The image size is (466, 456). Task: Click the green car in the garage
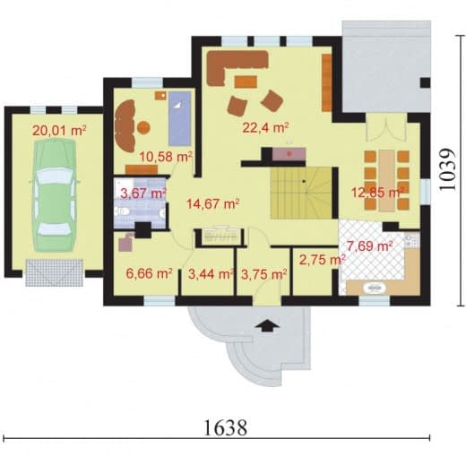point(55,195)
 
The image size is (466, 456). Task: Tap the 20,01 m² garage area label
point(59,131)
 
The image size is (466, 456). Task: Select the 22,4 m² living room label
point(265,127)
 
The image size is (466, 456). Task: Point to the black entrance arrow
point(267,325)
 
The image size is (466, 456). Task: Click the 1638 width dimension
point(226,427)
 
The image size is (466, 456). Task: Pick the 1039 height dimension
point(447,169)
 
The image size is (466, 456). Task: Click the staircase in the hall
point(301,193)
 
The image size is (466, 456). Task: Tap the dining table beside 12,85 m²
point(387,180)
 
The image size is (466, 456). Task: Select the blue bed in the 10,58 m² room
point(179,118)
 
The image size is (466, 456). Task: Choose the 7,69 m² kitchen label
point(369,246)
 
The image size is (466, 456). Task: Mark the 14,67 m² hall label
point(212,204)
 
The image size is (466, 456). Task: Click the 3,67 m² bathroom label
point(142,194)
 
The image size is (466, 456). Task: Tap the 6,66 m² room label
point(149,273)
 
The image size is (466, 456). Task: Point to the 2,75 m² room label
point(322,260)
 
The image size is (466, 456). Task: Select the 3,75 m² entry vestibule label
point(263,274)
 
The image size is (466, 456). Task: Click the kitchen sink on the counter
point(375,288)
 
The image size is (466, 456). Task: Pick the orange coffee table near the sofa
point(246,82)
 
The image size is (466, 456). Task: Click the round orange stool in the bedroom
point(143,127)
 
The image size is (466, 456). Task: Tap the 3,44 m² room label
point(211,274)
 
